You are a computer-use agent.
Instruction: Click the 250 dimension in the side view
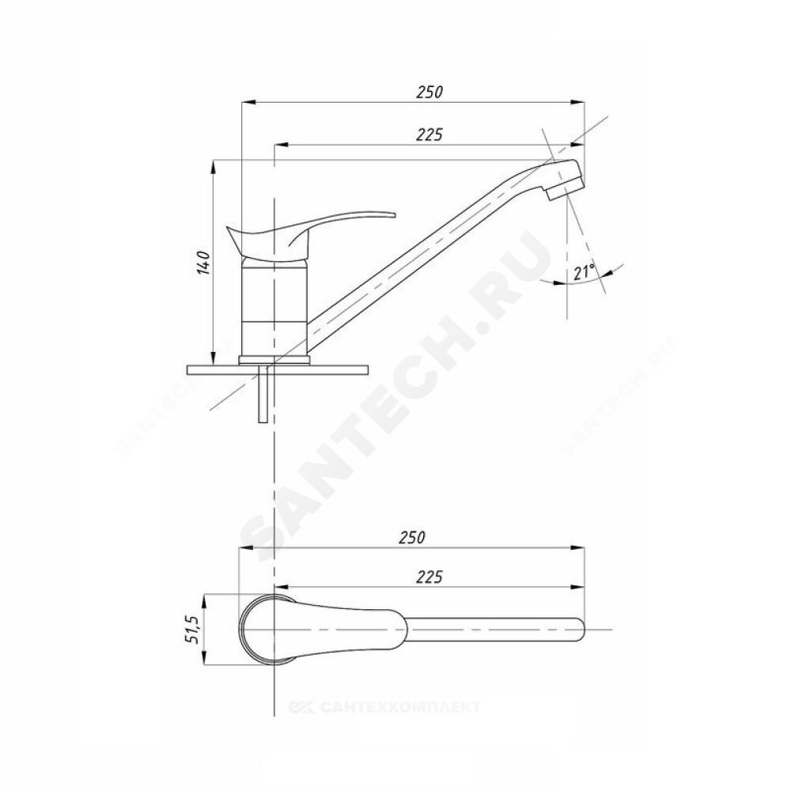pyautogui.click(x=430, y=93)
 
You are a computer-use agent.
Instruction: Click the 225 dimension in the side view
pyautogui.click(x=430, y=134)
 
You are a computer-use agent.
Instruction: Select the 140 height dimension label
pyautogui.click(x=203, y=262)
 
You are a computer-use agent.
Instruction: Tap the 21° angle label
pyautogui.click(x=585, y=272)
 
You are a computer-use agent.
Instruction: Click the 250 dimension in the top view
pyautogui.click(x=412, y=537)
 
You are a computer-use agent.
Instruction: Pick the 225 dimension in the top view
pyautogui.click(x=430, y=577)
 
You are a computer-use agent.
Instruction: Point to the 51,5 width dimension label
pyautogui.click(x=194, y=629)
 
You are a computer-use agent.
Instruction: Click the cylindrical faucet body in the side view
pyautogui.click(x=274, y=307)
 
